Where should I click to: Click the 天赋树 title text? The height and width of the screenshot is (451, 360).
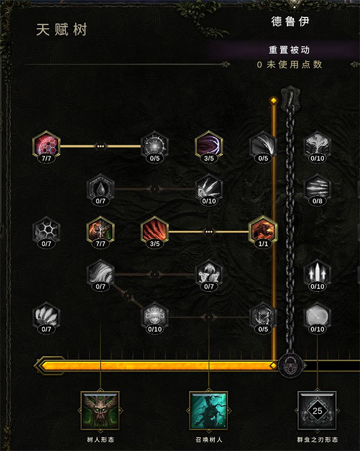[61, 29]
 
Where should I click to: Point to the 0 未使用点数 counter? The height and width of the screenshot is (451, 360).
[290, 64]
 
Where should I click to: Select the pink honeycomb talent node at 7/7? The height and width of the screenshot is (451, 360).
[46, 145]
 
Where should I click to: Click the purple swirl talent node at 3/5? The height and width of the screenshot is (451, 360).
[209, 145]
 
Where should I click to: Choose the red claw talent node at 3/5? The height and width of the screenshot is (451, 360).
[154, 230]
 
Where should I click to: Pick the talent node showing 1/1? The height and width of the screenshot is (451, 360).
[263, 230]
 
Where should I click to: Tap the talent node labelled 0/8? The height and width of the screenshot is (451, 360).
[317, 187]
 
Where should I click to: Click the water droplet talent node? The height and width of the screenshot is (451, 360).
[100, 187]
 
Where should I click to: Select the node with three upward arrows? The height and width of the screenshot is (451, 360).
[317, 273]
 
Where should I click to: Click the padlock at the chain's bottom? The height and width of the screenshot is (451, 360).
[290, 366]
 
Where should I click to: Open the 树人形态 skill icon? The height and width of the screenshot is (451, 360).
[100, 411]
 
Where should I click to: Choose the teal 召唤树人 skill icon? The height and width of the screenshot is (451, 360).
[209, 411]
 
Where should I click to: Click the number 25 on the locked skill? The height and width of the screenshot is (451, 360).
[317, 411]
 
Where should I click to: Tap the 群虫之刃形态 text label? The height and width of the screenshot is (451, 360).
[317, 440]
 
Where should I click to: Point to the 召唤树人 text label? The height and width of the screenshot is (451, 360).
[209, 440]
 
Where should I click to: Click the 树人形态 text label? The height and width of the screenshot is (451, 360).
[100, 440]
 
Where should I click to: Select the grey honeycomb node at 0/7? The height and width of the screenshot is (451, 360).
[46, 230]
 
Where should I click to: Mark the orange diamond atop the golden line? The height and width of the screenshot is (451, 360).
[274, 100]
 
